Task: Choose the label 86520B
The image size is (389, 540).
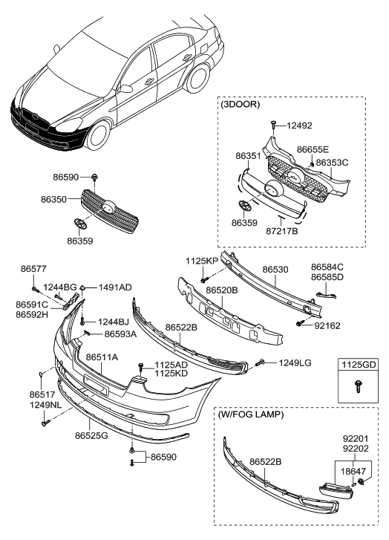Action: click(220, 290)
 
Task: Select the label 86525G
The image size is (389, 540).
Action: click(91, 435)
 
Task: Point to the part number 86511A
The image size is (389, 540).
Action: click(102, 357)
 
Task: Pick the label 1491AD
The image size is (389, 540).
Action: click(115, 287)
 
